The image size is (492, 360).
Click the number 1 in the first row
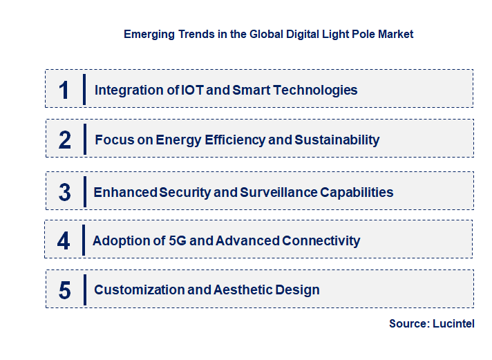(x=64, y=90)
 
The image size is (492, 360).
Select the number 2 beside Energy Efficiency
(x=65, y=140)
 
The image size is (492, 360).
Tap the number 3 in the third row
(x=64, y=192)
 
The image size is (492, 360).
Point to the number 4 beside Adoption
(x=64, y=240)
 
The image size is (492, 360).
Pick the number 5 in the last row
(x=64, y=290)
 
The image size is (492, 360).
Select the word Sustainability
(x=337, y=140)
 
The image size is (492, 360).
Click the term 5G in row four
(x=178, y=240)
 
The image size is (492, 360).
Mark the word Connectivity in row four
(x=321, y=240)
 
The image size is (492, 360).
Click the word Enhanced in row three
(x=125, y=192)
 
